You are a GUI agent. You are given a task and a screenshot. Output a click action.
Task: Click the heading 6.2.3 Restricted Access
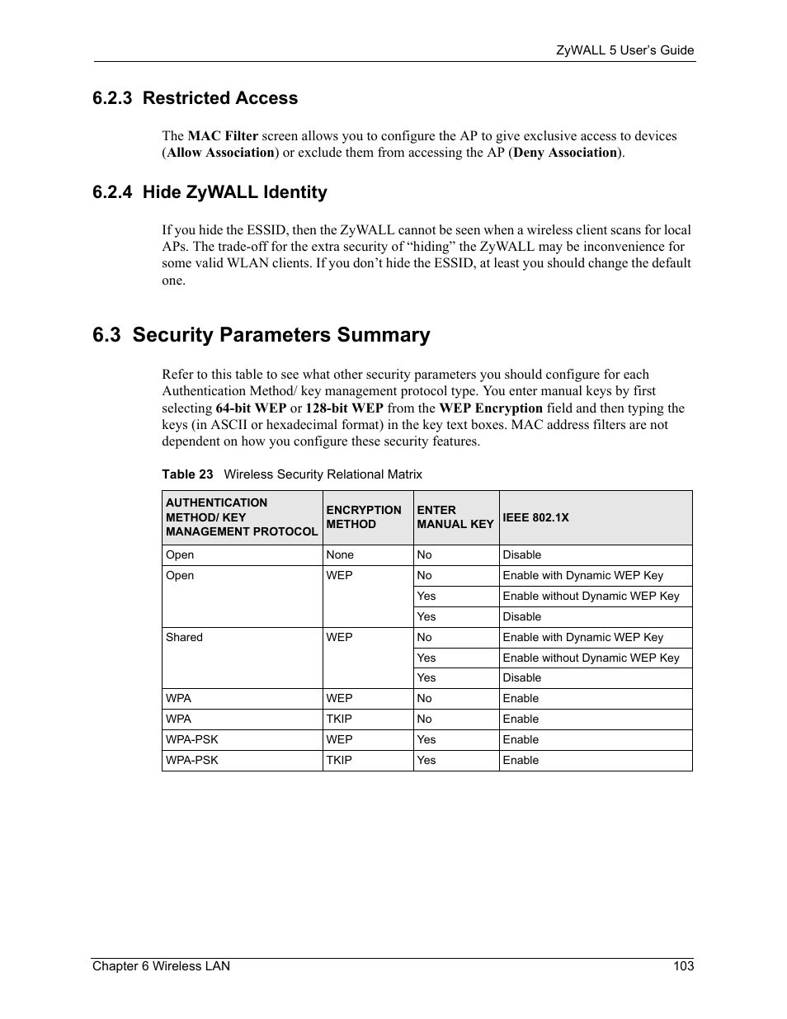tap(195, 98)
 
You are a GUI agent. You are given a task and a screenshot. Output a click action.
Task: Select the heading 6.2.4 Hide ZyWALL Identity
tap(210, 192)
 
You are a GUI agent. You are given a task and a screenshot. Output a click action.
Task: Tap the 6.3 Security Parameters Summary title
tap(262, 335)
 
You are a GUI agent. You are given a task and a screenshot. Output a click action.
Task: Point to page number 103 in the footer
tap(683, 966)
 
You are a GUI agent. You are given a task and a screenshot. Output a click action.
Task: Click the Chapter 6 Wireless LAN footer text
tap(161, 966)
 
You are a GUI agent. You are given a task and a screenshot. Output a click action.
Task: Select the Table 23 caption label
tap(187, 474)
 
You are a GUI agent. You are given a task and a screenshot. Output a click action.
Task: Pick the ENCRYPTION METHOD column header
tap(363, 517)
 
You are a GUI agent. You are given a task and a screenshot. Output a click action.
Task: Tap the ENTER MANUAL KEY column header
tap(455, 517)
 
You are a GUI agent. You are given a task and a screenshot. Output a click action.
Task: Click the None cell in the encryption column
tap(340, 555)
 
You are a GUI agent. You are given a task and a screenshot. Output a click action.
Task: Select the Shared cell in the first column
tap(184, 637)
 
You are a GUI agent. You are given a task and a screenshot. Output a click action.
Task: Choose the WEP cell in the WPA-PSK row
tap(339, 739)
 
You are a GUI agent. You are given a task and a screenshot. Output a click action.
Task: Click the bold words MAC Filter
tap(223, 136)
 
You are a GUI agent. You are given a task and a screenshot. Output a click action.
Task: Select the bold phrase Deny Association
tap(565, 153)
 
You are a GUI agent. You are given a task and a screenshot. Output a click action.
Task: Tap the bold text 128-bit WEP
tap(344, 408)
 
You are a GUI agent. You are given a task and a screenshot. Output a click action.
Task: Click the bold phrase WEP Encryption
tap(491, 408)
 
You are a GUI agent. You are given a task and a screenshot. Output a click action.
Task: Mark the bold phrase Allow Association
tap(220, 153)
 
